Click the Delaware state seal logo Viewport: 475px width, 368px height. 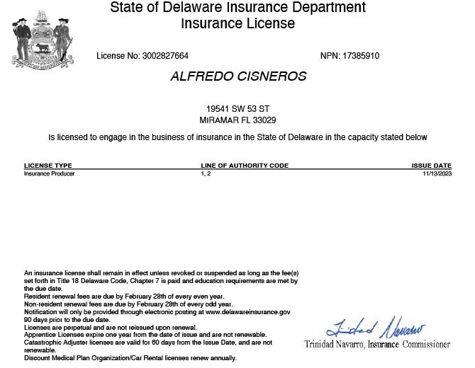[42, 41]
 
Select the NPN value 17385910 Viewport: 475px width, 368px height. [359, 56]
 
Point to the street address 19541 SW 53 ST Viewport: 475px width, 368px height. [238, 109]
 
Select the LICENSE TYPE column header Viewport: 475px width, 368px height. [48, 166]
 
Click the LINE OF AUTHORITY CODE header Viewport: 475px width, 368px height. [245, 166]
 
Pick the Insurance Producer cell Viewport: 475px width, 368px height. [50, 173]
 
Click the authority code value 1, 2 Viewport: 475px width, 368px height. [206, 173]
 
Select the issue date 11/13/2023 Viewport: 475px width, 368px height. [437, 173]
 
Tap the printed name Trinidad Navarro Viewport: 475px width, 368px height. [334, 345]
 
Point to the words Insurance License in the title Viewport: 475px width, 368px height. [238, 23]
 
